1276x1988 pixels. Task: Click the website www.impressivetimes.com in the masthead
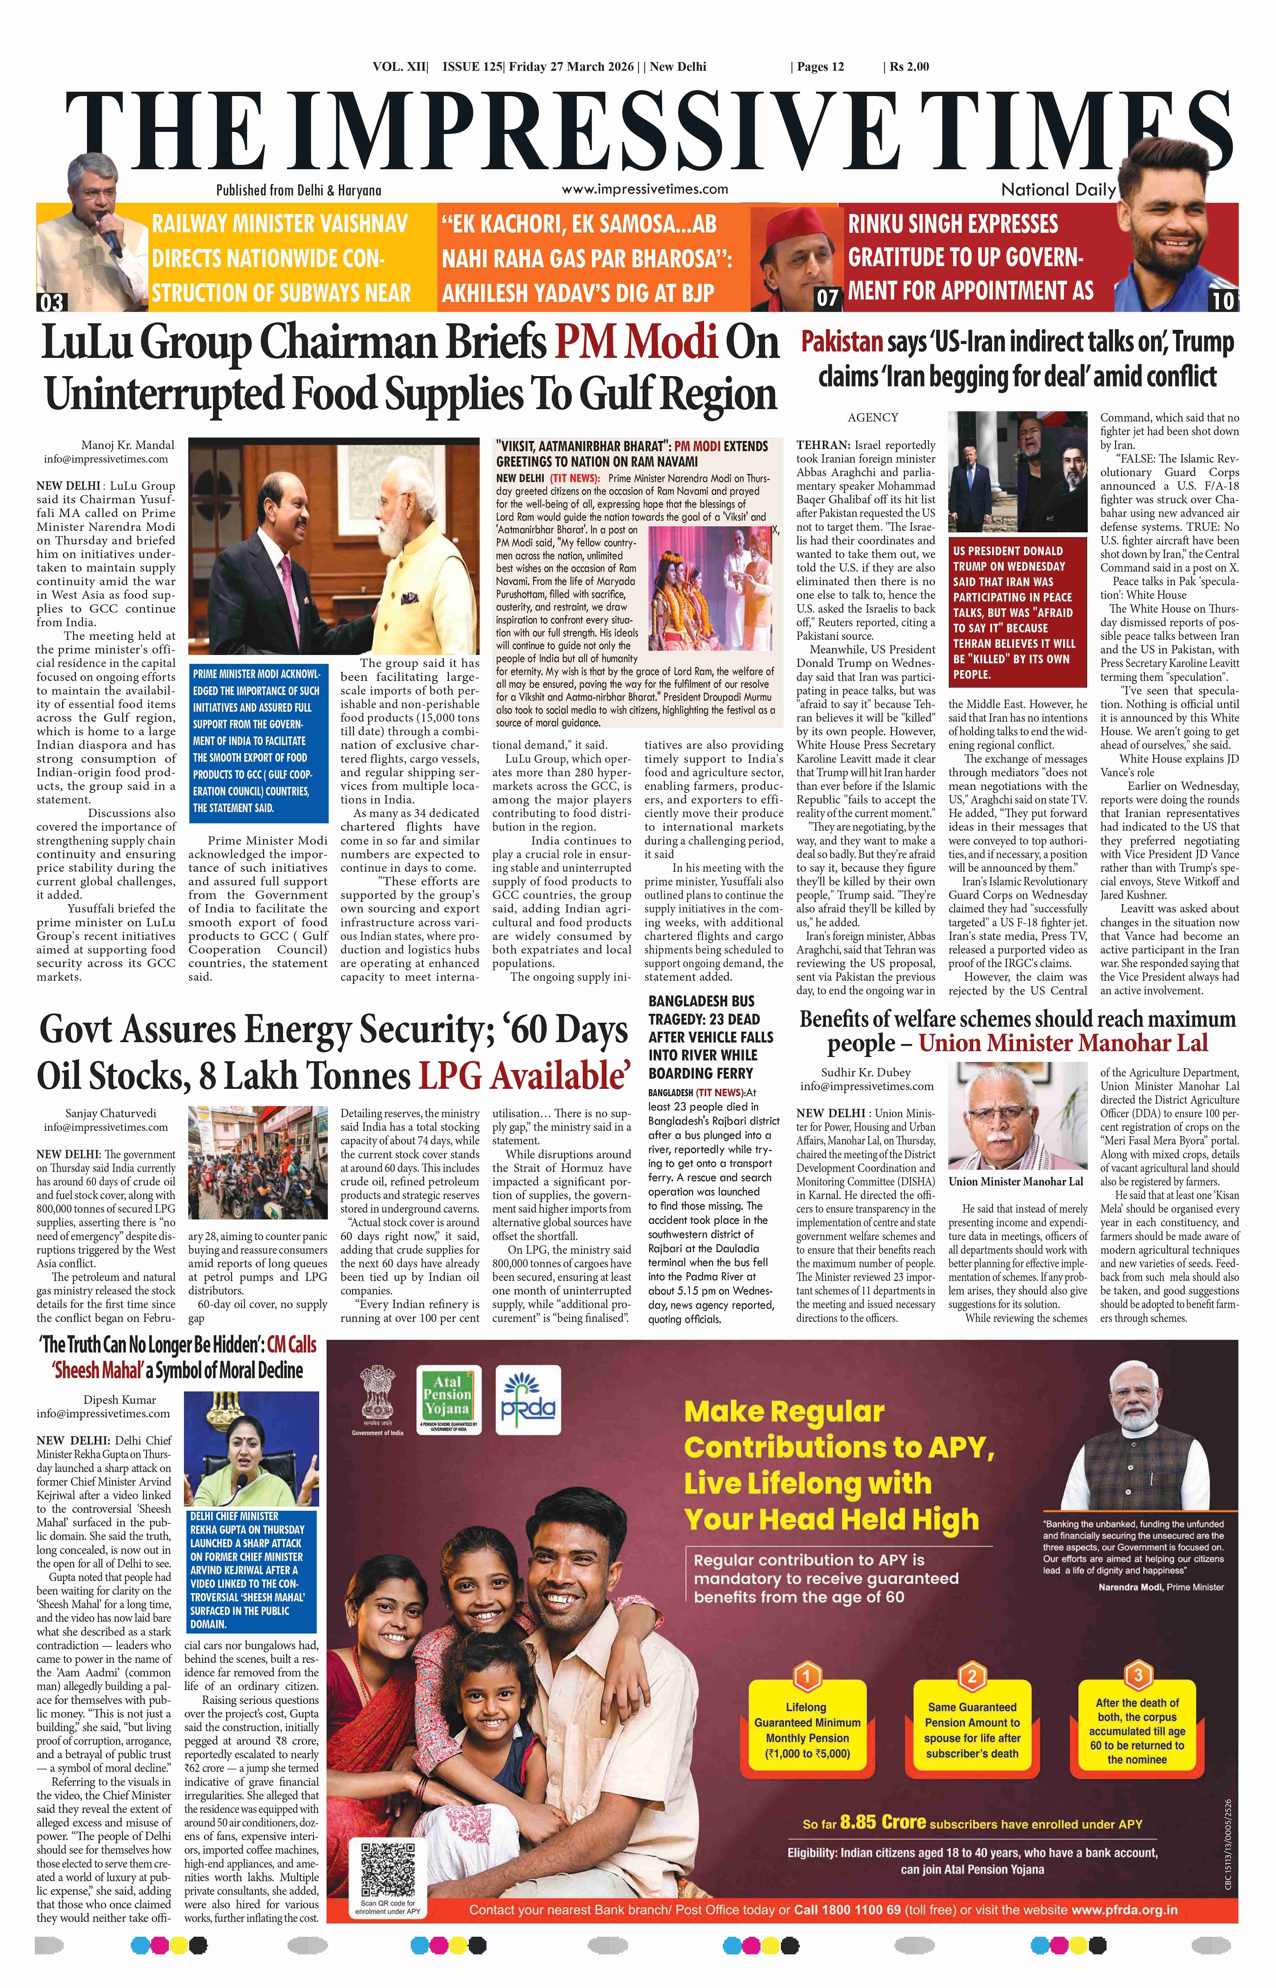(x=644, y=189)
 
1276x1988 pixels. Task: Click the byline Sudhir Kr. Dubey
(x=866, y=1072)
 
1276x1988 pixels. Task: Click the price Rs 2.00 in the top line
(x=909, y=67)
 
